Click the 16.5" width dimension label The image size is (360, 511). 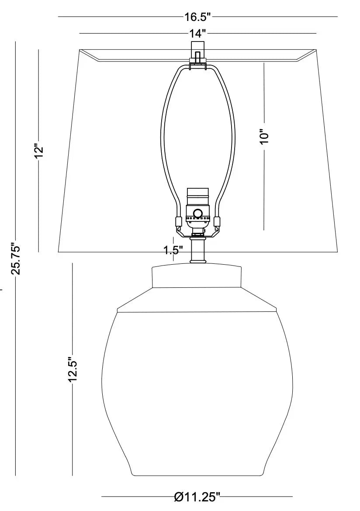pyautogui.click(x=197, y=17)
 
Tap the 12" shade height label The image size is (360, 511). pyautogui.click(x=39, y=151)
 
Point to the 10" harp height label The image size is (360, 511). pyautogui.click(x=264, y=137)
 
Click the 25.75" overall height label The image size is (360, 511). pyautogui.click(x=16, y=259)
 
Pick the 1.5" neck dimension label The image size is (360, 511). pyautogui.click(x=173, y=250)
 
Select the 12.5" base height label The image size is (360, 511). pyautogui.click(x=73, y=370)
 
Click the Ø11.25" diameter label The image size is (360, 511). pyautogui.click(x=197, y=496)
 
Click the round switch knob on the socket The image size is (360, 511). pyautogui.click(x=198, y=214)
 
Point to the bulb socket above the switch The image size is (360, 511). pyautogui.click(x=197, y=195)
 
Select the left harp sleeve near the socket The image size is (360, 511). pyautogui.click(x=178, y=221)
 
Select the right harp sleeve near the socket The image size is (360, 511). pyautogui.click(x=217, y=221)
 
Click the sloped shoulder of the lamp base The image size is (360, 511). pyautogui.click(x=197, y=300)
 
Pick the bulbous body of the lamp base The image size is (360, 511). pyautogui.click(x=197, y=384)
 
